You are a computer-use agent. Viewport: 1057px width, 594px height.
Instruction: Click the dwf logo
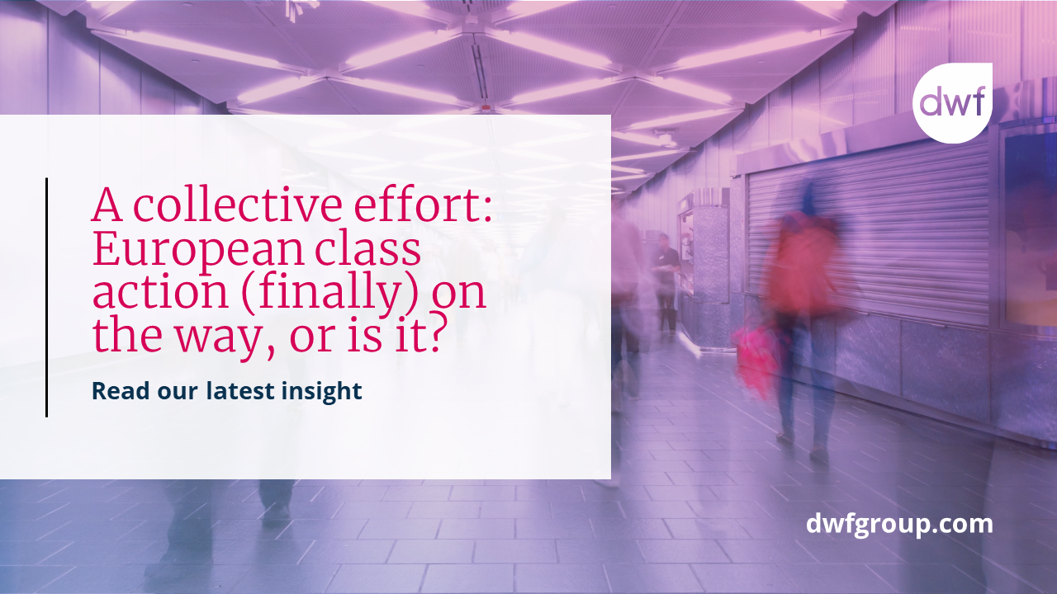pos(951,103)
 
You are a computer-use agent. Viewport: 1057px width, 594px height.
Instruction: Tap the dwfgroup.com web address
pos(899,524)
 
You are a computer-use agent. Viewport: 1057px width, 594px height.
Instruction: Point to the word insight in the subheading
pos(323,391)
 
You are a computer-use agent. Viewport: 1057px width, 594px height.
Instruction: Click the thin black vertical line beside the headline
pos(46,297)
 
